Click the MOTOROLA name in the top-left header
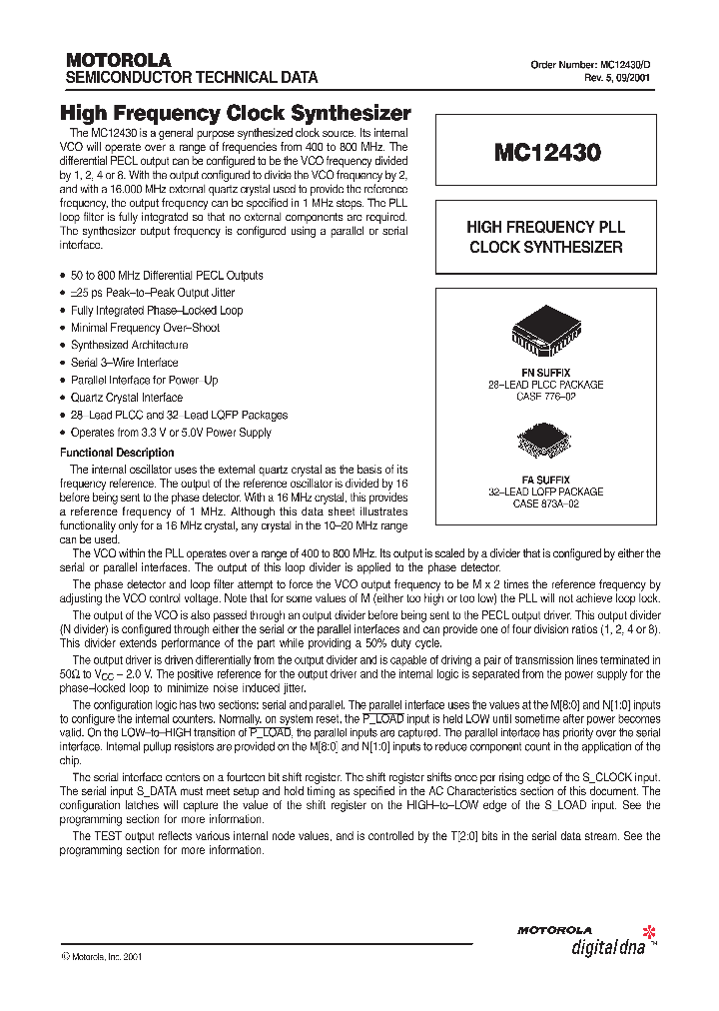[118, 60]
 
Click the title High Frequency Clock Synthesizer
[236, 114]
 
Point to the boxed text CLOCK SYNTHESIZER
[546, 247]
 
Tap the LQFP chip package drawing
[545, 441]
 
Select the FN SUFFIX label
[545, 372]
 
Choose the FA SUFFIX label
[545, 480]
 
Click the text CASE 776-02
[545, 396]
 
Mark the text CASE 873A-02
[545, 504]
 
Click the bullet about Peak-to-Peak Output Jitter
[153, 293]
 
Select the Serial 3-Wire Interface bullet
[125, 363]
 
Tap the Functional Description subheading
[117, 453]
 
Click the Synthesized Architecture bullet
[129, 345]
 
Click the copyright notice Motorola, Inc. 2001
[104, 956]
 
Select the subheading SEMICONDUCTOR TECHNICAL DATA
[192, 77]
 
